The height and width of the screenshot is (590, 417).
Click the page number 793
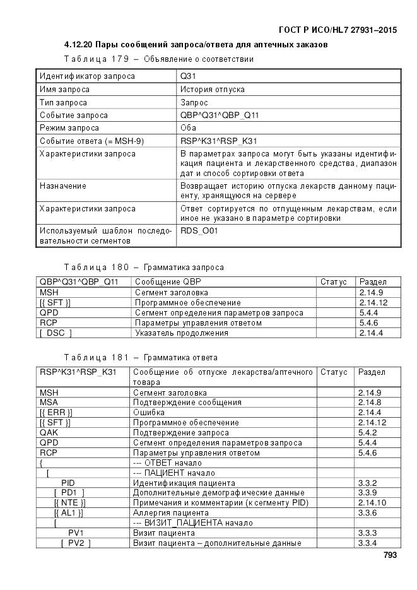391,556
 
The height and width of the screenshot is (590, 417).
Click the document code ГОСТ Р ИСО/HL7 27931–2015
337,30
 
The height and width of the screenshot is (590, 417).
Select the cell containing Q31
187,76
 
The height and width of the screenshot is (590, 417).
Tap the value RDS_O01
199,231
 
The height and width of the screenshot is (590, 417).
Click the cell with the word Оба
189,128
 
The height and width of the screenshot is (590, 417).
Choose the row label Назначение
63,187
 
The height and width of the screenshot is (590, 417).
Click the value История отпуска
213,90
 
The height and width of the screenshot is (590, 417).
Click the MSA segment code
49,402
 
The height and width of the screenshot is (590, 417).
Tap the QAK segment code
49,433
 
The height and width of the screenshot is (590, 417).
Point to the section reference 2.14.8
370,402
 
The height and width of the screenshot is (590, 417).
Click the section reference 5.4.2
367,433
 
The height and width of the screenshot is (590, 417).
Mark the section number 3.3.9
367,493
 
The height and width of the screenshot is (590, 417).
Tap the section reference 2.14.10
372,503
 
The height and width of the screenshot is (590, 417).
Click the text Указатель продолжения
181,333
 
